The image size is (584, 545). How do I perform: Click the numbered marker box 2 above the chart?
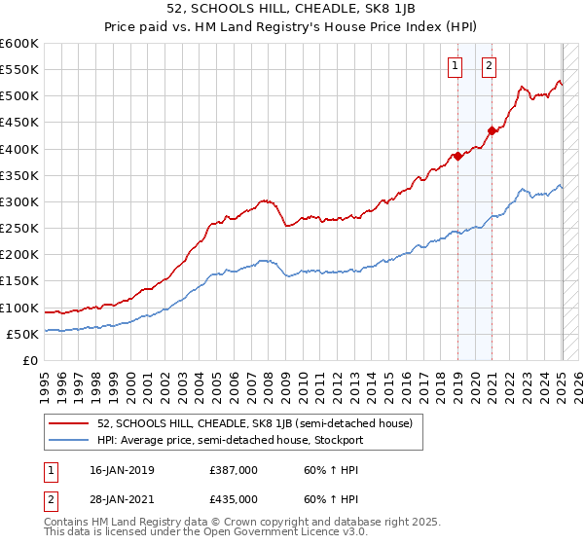[x=489, y=66]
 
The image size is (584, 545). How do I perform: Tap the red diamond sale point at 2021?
[x=493, y=130]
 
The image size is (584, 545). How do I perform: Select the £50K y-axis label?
[x=23, y=334]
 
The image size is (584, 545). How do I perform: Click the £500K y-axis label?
[x=19, y=95]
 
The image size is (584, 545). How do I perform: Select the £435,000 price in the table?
[x=234, y=498]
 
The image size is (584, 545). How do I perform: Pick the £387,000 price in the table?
[x=234, y=470]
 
